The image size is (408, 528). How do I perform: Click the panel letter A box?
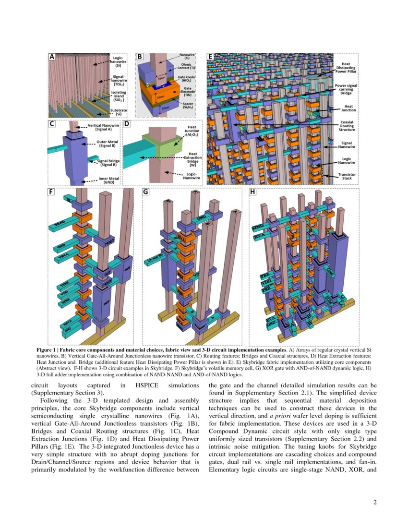coord(52,57)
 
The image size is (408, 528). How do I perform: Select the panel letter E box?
coord(210,57)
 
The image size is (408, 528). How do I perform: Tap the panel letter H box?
coord(253,192)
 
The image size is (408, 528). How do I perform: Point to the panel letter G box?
coord(146,192)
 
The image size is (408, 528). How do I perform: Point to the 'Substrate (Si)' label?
coord(118,112)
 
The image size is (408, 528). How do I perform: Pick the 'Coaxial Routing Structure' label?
coord(347,126)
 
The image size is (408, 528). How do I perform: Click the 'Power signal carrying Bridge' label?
coord(347,89)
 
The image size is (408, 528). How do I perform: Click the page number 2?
coord(375,503)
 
